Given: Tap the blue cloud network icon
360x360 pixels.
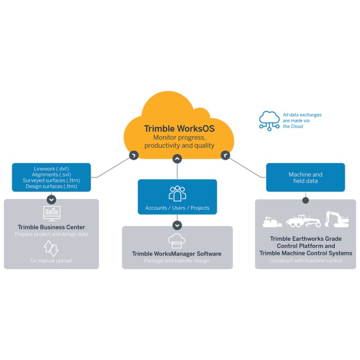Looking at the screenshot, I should click(270, 120).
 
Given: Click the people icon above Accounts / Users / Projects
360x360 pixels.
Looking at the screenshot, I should click(177, 194).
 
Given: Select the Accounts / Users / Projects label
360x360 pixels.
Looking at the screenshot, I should click(177, 208).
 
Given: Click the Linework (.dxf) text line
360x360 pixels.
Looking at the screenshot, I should click(52, 169).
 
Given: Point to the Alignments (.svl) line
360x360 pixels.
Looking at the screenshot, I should click(52, 174).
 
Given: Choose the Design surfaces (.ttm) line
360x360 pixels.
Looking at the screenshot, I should click(52, 186).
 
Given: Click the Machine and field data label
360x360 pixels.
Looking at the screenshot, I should click(305, 178).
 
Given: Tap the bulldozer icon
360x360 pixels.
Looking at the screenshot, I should click(272, 221).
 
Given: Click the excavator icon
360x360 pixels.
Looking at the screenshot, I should click(337, 219).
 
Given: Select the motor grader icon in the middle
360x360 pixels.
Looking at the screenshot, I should click(303, 221).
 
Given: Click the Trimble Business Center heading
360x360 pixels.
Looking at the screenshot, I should click(52, 227).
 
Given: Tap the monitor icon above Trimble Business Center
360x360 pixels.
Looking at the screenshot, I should click(52, 213).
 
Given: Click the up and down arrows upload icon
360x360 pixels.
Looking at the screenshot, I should click(51, 248).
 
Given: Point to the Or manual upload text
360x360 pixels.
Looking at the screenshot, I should click(52, 261).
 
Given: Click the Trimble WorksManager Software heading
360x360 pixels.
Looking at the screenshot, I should click(177, 254).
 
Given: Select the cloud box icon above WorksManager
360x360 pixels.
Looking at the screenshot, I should click(177, 240).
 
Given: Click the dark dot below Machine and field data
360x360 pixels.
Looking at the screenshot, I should click(306, 200).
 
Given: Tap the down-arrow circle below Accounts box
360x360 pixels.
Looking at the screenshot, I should click(177, 225).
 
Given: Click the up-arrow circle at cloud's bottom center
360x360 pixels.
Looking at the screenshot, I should click(177, 159).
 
